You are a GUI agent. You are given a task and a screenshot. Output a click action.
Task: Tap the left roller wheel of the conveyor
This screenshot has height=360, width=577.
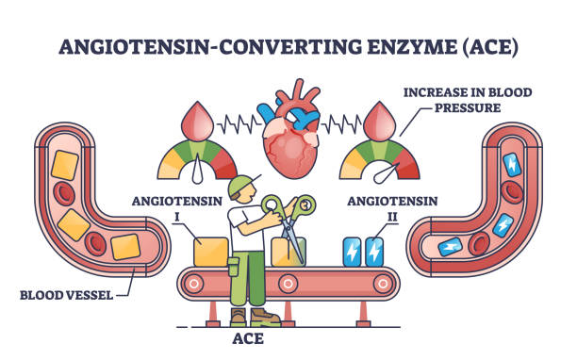[x=195, y=282]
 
